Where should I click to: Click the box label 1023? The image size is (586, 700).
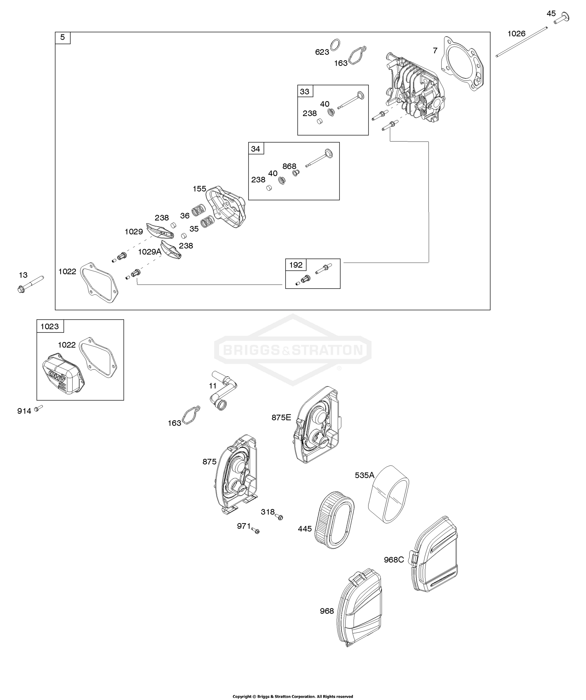click(50, 326)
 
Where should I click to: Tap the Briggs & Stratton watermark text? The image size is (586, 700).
click(293, 350)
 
